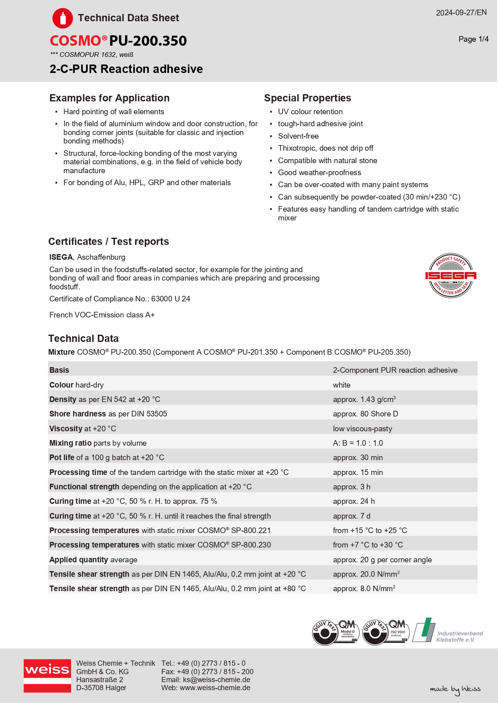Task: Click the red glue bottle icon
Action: point(63,18)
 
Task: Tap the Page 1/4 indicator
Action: point(474,39)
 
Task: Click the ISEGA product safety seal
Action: point(451,275)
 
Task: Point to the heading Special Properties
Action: point(307,98)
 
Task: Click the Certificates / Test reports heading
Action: point(108,242)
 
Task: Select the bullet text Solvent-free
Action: point(298,136)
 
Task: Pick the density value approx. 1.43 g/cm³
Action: point(364,400)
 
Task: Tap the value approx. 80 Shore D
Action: point(365,414)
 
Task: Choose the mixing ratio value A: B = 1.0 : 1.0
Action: point(358,443)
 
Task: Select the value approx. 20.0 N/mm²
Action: point(366,574)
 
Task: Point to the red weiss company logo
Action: point(47,676)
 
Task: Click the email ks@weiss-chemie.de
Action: point(216,680)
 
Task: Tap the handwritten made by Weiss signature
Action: point(455,689)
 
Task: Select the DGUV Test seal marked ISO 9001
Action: point(385,632)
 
